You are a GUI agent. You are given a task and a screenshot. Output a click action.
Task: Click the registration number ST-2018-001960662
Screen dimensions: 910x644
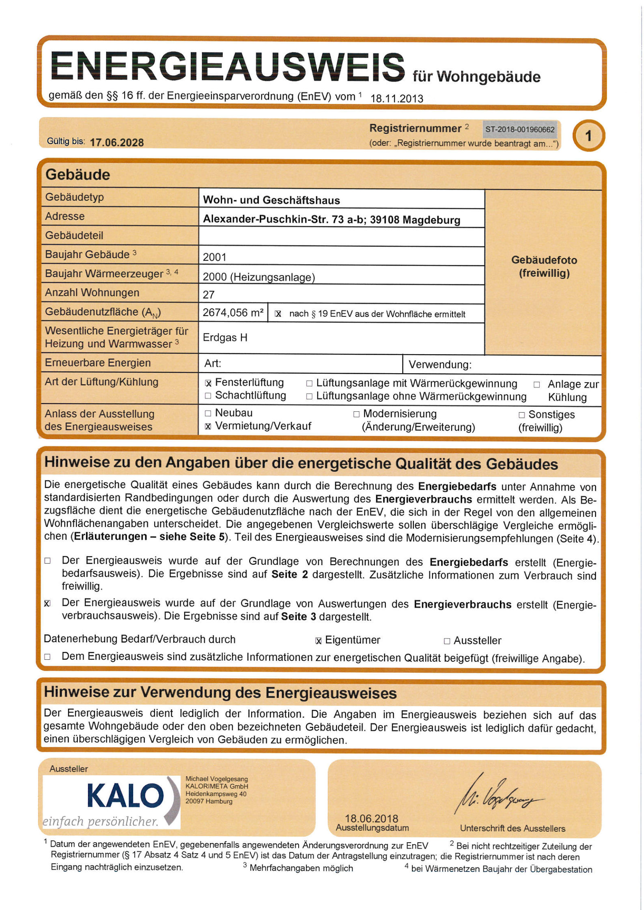[519, 130]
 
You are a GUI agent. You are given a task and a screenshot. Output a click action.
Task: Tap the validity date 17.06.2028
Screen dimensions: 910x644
[116, 143]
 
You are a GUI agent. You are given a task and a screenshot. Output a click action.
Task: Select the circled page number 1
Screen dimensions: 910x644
[588, 136]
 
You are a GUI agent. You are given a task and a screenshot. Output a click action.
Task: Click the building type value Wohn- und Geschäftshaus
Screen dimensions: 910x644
[271, 200]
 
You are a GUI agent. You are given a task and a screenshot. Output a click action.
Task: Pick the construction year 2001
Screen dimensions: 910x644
[214, 257]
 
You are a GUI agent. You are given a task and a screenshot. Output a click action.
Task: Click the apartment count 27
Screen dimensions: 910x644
[209, 295]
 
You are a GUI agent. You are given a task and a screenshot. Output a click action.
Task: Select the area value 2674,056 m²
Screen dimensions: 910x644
[233, 313]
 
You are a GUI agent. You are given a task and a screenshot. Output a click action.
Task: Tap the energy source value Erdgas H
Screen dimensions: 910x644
[225, 338]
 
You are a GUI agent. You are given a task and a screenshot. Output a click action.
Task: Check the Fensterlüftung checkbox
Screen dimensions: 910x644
[208, 383]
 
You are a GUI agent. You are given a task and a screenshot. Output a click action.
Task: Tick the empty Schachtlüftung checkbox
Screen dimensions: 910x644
[208, 396]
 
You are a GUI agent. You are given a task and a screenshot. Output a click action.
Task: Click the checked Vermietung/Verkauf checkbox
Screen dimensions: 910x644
[208, 426]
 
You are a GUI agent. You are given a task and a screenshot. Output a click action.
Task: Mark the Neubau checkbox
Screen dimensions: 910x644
[208, 413]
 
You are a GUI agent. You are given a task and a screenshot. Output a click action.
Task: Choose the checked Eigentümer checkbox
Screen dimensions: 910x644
[319, 641]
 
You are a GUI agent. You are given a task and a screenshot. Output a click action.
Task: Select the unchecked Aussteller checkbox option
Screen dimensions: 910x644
[447, 641]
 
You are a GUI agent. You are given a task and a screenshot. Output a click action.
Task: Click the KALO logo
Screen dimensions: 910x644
[126, 796]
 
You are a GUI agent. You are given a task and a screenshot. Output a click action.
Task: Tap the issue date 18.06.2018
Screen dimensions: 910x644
[371, 818]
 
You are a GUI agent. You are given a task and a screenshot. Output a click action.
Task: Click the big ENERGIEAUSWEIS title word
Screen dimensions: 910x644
[227, 66]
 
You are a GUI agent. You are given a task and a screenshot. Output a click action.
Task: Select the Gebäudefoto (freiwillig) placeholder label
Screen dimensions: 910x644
[544, 267]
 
